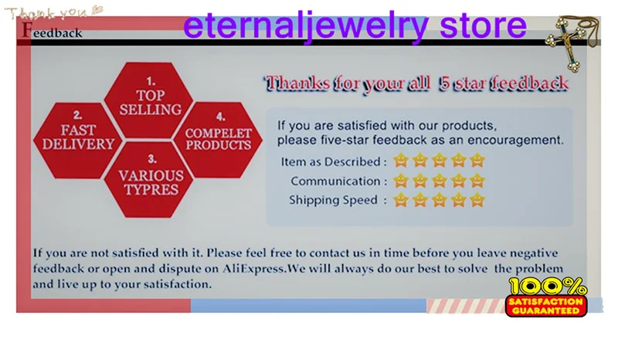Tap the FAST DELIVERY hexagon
tap(78, 141)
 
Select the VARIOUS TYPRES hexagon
tap(150, 180)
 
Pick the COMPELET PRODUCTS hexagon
tap(219, 140)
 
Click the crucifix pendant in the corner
tap(570, 42)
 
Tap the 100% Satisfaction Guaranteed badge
tap(546, 297)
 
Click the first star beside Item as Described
tap(401, 161)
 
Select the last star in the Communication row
tap(477, 181)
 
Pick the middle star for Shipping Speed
tap(439, 200)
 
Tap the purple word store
tap(483, 25)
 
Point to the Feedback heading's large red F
tap(27, 29)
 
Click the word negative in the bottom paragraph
tap(534, 253)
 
